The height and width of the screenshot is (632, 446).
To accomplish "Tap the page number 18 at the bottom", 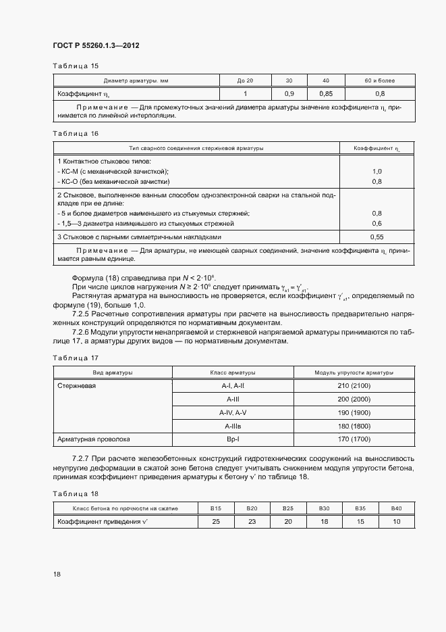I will click(x=57, y=575).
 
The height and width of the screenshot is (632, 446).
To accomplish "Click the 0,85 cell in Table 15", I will click(x=326, y=93).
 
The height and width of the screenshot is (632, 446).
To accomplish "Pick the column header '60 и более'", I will click(x=380, y=80).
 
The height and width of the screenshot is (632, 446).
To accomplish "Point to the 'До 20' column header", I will click(x=245, y=80).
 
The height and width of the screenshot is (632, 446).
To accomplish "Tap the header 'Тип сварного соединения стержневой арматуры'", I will click(x=197, y=147).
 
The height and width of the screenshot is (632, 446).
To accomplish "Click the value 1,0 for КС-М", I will click(x=377, y=172).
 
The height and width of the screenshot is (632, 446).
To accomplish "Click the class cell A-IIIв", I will click(x=233, y=426).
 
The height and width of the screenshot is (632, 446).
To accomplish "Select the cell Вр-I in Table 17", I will click(x=233, y=439).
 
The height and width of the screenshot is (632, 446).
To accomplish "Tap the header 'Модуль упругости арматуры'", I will click(x=354, y=372).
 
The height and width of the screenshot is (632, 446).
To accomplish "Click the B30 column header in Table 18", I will click(x=324, y=508).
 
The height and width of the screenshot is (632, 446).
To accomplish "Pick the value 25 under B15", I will click(x=216, y=522).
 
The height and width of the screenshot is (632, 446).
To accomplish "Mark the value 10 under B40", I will click(x=396, y=522).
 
